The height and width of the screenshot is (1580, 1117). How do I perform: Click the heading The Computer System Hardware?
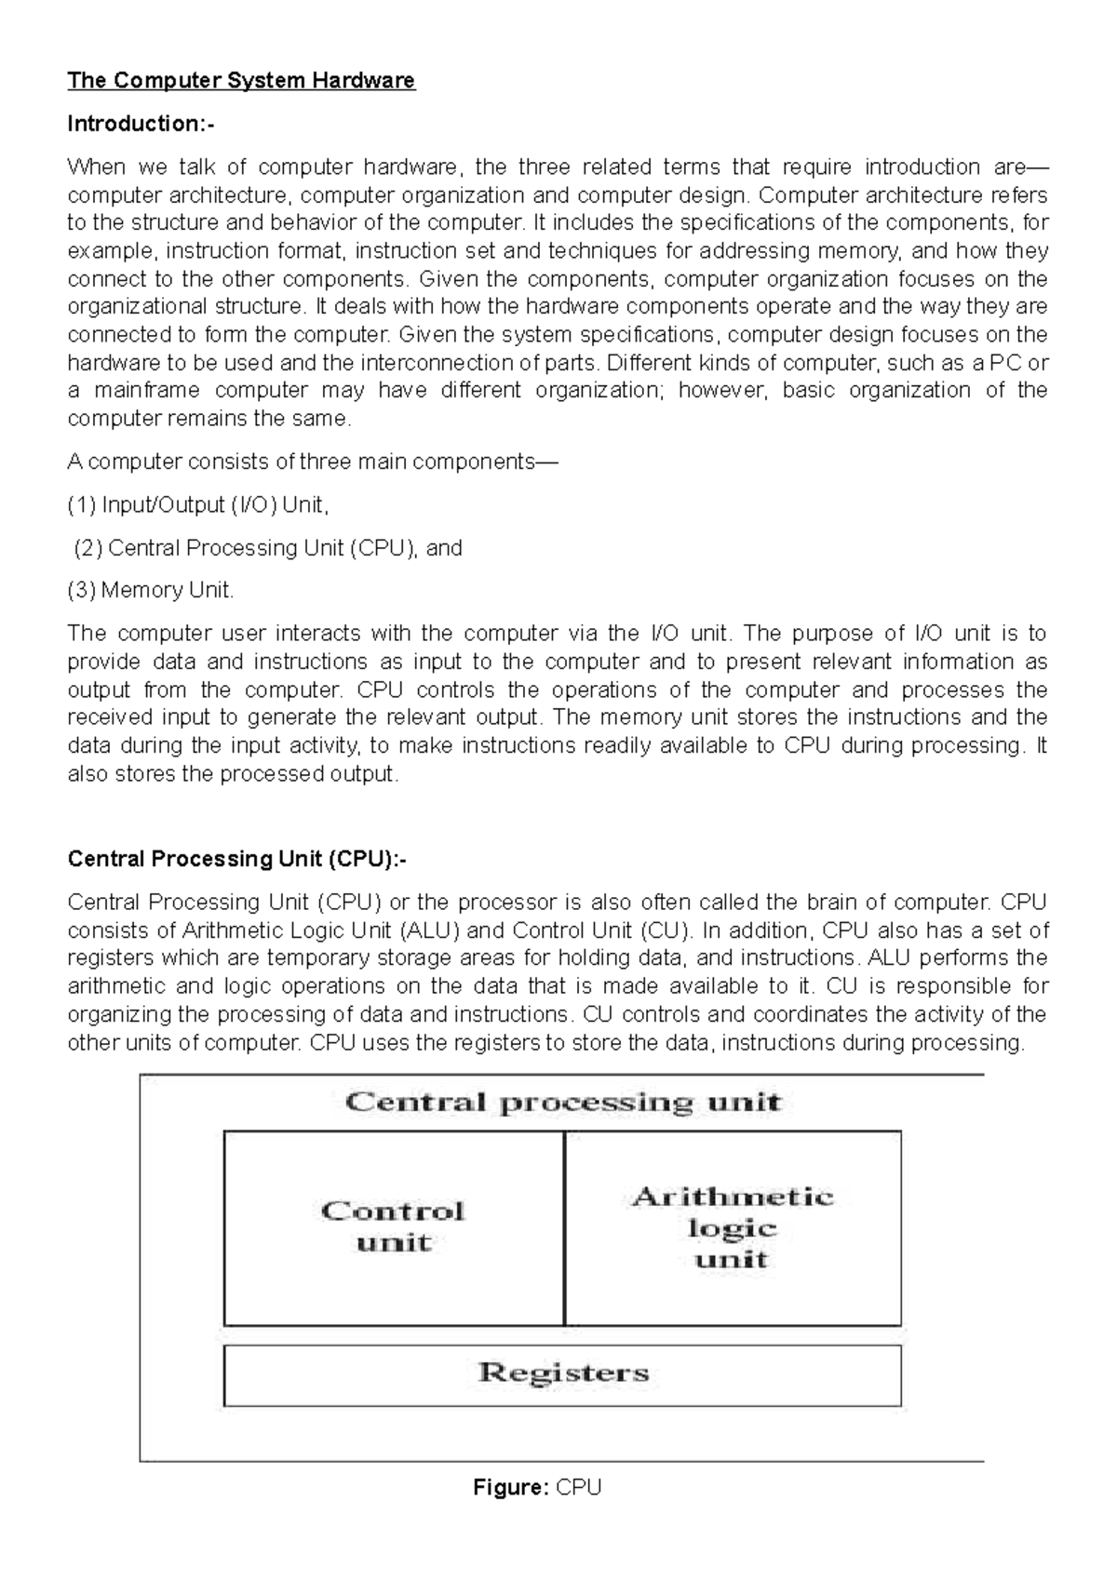pyautogui.click(x=241, y=81)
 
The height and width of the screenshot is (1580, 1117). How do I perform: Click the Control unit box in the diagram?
pyautogui.click(x=393, y=1228)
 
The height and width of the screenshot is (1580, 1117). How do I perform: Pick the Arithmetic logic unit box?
pyautogui.click(x=733, y=1228)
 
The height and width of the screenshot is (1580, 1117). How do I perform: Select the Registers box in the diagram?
pyautogui.click(x=562, y=1374)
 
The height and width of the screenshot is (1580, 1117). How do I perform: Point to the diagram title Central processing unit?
pyautogui.click(x=562, y=1104)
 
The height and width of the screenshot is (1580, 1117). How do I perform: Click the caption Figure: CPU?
pyautogui.click(x=537, y=1488)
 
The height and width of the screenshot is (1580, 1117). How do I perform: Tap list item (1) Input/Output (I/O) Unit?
pyautogui.click(x=198, y=505)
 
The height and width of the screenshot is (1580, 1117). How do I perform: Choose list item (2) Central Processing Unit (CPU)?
pyautogui.click(x=268, y=548)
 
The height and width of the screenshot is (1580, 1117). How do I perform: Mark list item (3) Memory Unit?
pyautogui.click(x=152, y=590)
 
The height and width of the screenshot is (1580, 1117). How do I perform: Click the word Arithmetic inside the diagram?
pyautogui.click(x=733, y=1197)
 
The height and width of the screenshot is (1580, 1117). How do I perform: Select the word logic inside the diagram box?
pyautogui.click(x=733, y=1228)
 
